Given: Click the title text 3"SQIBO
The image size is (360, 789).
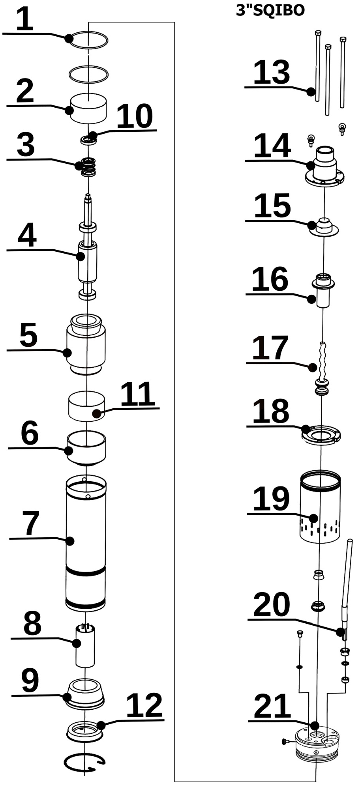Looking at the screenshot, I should coord(270,10).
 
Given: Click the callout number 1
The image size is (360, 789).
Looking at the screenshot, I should coord(24,20).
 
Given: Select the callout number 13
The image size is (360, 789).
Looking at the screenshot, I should coord(272,73).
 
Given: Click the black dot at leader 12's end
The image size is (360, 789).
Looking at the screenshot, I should coord(101,725).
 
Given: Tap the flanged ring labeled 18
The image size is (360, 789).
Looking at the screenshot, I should coord(321,434).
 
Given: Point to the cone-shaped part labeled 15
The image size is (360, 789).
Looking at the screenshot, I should coord(324,227).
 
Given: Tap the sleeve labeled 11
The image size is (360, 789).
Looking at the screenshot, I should coord(86,406).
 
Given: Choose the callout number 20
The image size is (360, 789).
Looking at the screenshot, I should coord(272,604).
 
